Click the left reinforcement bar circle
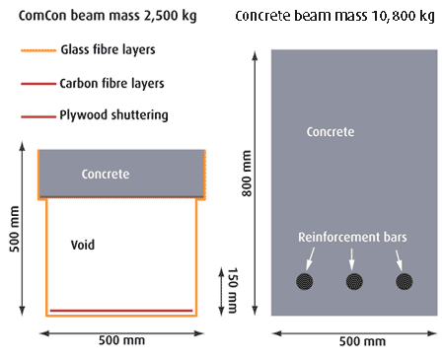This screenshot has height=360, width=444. click(305, 281)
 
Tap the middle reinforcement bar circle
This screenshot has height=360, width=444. click(354, 281)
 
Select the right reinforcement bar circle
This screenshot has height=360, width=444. click(405, 281)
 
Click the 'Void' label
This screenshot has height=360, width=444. click(83, 245)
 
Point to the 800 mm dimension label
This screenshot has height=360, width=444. click(247, 174)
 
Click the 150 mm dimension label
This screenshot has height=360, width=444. click(233, 291)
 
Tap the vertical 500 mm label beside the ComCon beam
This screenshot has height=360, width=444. click(14, 229)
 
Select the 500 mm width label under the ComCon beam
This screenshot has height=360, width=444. click(121, 340)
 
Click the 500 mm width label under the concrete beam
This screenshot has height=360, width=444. click(362, 341)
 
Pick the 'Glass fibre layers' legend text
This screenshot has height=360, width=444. click(108, 49)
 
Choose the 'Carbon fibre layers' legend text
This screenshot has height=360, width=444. click(111, 84)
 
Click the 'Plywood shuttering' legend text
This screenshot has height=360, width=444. click(113, 115)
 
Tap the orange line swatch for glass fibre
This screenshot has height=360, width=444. click(38, 50)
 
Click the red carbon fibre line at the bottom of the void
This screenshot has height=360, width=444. click(121, 311)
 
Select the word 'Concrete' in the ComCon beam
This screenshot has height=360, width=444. click(106, 175)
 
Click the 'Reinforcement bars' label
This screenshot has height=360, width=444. click(352, 237)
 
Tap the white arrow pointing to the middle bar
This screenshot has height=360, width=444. click(352, 259)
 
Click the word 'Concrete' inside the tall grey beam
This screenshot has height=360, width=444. click(331, 132)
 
